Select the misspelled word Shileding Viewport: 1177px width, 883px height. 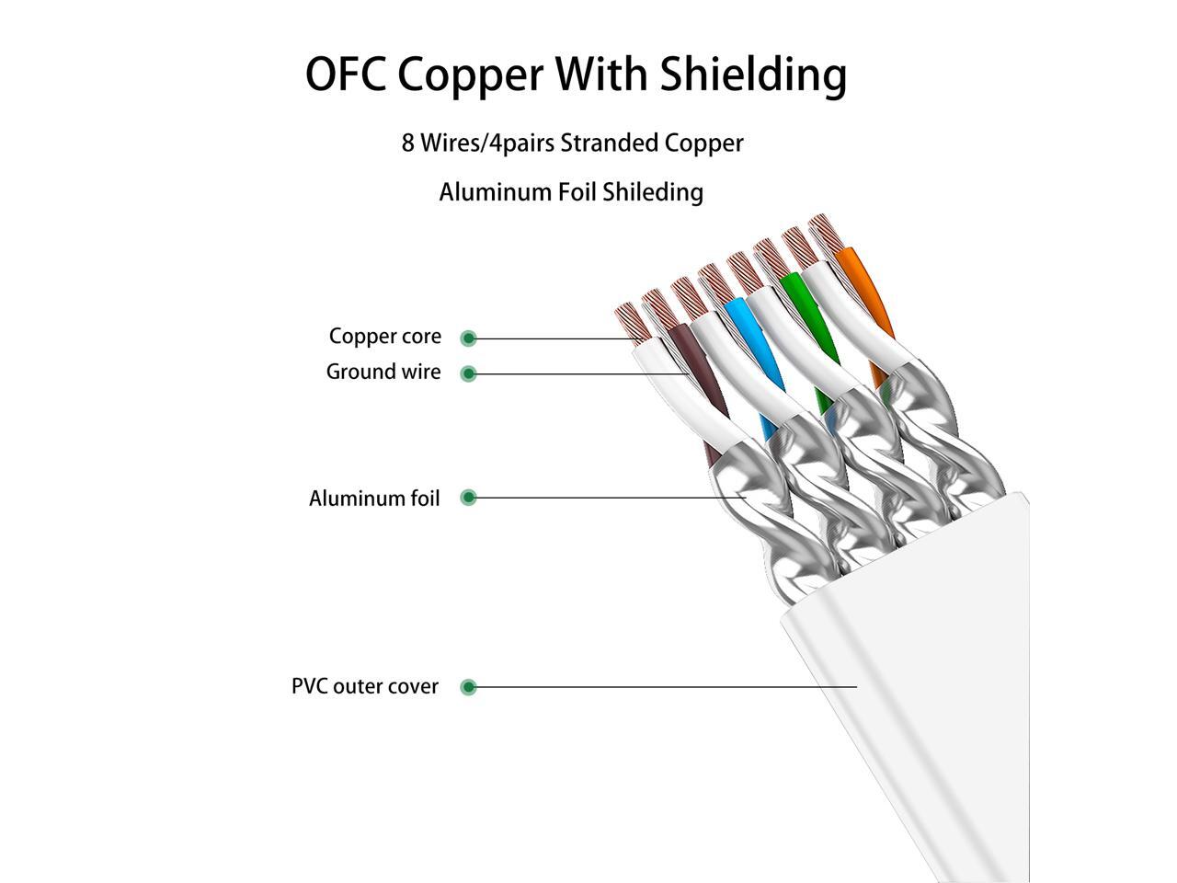pyautogui.click(x=655, y=192)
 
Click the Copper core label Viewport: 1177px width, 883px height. pyautogui.click(x=384, y=337)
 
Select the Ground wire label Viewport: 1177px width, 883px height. pyautogui.click(x=383, y=372)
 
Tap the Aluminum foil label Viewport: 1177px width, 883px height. pyautogui.click(x=374, y=499)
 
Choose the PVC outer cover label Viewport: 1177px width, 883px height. pyautogui.click(x=364, y=686)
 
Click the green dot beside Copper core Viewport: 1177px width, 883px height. pyautogui.click(x=469, y=338)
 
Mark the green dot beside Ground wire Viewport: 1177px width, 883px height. pyautogui.click(x=469, y=373)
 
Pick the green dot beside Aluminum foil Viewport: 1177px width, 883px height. pyautogui.click(x=469, y=498)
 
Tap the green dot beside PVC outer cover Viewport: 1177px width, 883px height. pyautogui.click(x=469, y=686)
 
